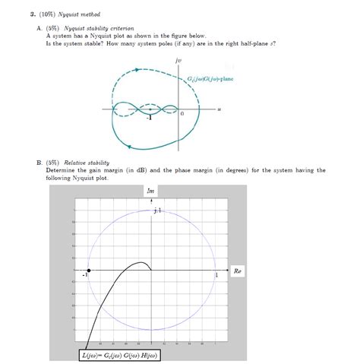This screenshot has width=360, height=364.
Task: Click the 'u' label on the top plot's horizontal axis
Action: pyautogui.click(x=218, y=109)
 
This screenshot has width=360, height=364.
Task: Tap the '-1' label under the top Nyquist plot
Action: pyautogui.click(x=151, y=118)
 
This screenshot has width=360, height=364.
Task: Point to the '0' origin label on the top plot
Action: pyautogui.click(x=182, y=113)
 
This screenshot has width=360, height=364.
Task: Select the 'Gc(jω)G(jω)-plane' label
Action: pyautogui.click(x=210, y=78)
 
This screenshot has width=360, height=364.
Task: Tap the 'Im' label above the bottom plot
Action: pyautogui.click(x=150, y=191)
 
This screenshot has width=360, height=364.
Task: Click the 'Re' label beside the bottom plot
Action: pyautogui.click(x=237, y=271)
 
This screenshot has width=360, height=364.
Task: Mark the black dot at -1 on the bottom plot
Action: pyautogui.click(x=89, y=271)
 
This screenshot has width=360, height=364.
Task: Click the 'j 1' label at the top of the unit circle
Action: pyautogui.click(x=156, y=210)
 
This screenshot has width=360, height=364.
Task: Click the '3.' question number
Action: pyautogui.click(x=24, y=14)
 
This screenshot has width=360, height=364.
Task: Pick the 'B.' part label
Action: pyautogui.click(x=39, y=162)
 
